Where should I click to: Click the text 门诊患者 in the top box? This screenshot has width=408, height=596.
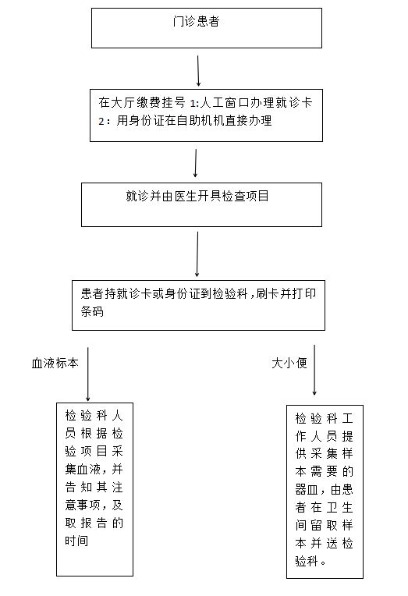[196, 21]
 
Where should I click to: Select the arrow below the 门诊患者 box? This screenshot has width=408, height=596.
[198, 71]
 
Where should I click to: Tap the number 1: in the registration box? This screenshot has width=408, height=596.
[194, 104]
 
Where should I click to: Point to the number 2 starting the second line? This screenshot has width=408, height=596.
[101, 121]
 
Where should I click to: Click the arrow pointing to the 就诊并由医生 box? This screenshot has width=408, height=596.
[196, 163]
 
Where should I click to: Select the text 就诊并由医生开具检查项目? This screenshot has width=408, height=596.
[197, 196]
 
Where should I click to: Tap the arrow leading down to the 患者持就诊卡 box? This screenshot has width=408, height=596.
[197, 254]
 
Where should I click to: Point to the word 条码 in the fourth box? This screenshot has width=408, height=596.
[92, 312]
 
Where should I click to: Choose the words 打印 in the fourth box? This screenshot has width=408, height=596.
[304, 294]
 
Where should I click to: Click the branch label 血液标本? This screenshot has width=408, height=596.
[55, 364]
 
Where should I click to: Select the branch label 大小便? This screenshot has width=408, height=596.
[289, 364]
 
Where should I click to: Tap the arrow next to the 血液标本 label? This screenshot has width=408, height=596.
[88, 374]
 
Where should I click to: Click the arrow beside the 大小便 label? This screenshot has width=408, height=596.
[314, 371]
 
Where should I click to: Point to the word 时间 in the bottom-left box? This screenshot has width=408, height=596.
[76, 541]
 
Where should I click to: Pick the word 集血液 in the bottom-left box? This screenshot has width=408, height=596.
[82, 470]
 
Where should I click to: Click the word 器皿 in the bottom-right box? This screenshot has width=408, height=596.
[307, 490]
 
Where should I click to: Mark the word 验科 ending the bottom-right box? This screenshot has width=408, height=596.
[307, 561]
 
